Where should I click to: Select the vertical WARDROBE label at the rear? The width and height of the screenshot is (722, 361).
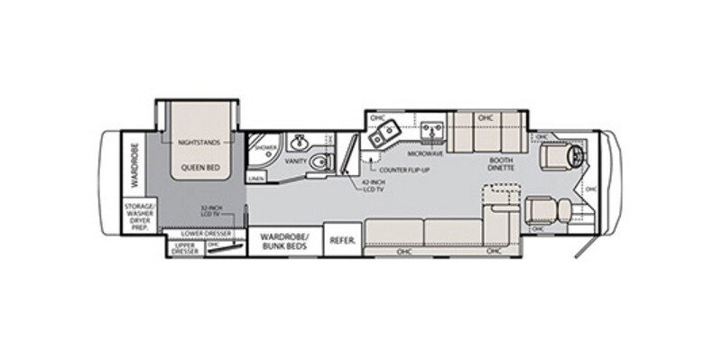(x=131, y=165)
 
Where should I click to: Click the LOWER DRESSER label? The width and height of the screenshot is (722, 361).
(x=207, y=233)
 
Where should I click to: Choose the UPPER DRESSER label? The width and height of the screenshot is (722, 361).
(x=185, y=245)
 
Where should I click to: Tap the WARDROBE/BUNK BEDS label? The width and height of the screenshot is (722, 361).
(x=284, y=240)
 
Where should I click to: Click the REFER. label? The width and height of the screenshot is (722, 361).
(x=341, y=240)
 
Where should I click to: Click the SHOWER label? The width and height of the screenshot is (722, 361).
(x=264, y=147)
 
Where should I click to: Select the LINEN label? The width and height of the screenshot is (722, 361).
(x=256, y=179)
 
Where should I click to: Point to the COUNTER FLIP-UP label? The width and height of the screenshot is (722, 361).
(x=403, y=169)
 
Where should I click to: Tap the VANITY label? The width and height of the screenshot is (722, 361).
(x=299, y=160)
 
